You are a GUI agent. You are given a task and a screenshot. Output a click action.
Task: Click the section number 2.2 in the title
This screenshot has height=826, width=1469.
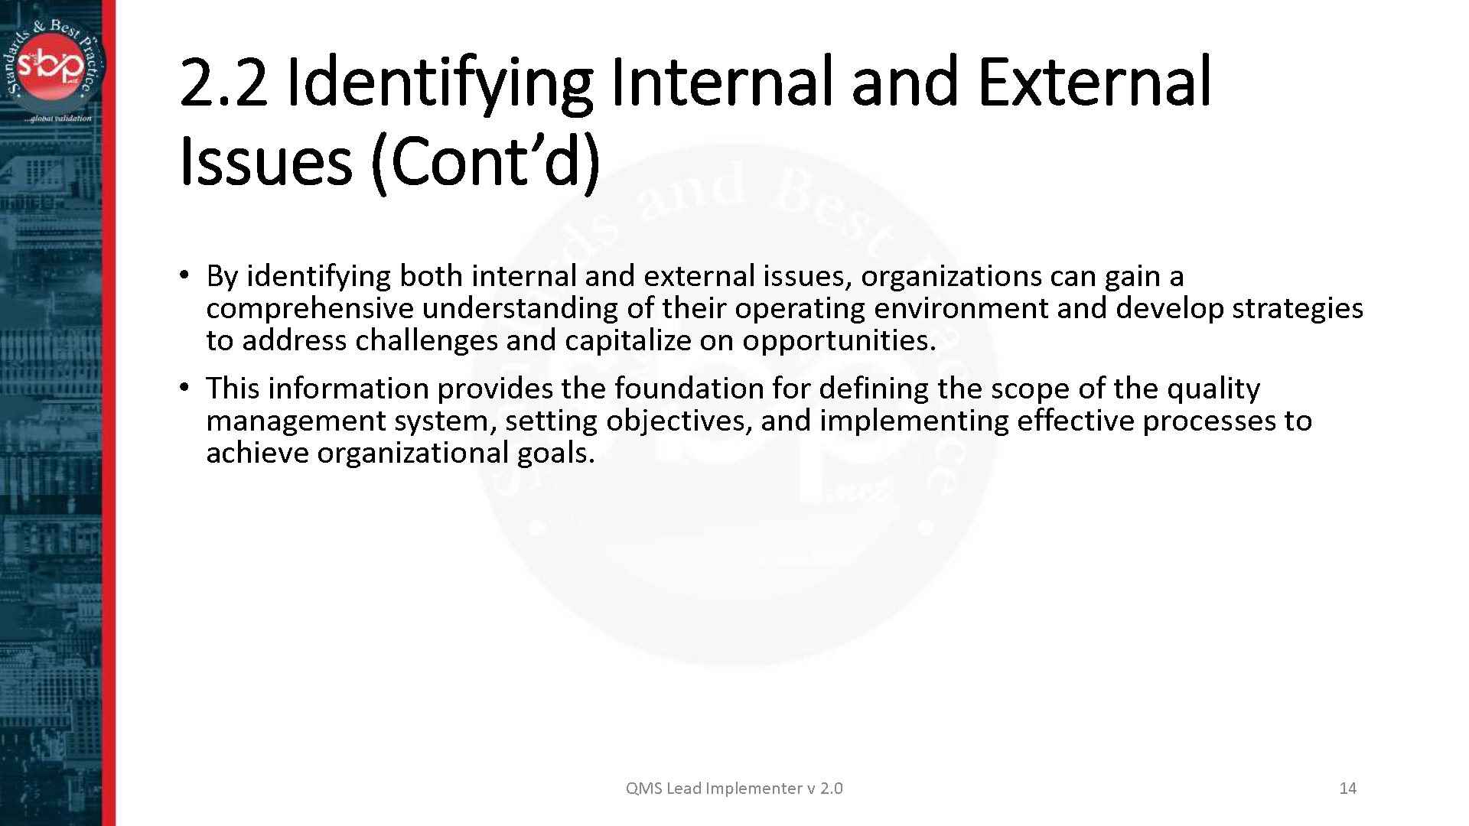223,83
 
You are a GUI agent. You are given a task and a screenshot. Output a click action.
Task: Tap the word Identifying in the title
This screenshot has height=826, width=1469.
439,83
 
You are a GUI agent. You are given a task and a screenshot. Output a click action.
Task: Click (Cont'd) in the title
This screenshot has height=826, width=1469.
485,162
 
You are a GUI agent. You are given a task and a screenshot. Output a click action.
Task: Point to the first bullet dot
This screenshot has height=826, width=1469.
184,275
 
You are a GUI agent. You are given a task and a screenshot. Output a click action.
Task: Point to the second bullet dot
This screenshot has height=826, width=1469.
184,388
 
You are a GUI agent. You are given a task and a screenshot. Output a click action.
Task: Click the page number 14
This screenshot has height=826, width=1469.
1347,788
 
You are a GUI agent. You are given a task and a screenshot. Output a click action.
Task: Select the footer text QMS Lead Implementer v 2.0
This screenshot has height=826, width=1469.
734,788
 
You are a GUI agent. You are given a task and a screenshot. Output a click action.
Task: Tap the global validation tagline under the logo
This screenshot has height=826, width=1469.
58,119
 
